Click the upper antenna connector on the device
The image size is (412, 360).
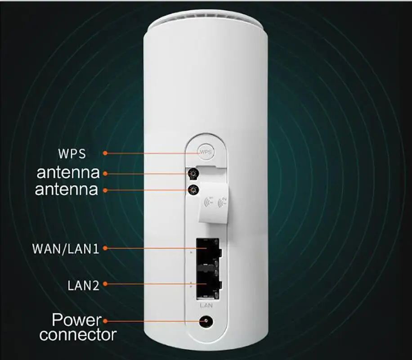coord(194,173)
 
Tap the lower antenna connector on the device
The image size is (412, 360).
coord(194,190)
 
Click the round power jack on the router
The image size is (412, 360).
coord(206,321)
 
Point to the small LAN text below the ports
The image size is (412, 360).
coord(206,306)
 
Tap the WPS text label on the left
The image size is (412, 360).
coord(72,153)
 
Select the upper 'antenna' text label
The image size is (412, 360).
coord(67,172)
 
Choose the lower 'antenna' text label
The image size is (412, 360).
coord(67,189)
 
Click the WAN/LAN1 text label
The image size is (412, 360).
coord(66,248)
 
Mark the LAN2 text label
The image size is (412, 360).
coord(83,285)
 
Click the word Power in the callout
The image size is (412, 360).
coord(76,320)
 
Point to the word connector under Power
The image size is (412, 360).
coord(78,335)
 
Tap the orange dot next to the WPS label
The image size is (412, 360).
coord(105,153)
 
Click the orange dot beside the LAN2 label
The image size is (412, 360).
coord(105,283)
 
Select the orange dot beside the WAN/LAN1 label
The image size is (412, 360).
coord(105,247)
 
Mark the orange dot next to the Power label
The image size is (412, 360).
coord(105,321)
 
